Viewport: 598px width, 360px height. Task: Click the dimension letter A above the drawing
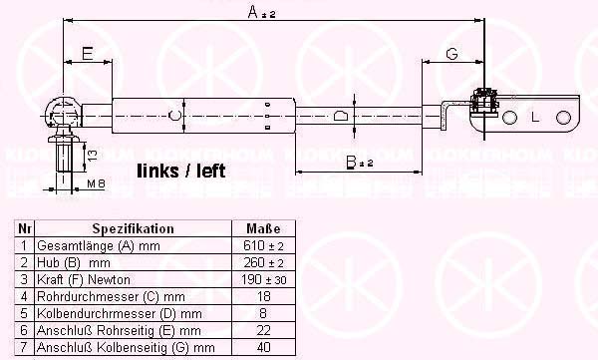point(253,12)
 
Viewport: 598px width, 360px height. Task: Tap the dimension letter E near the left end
point(88,54)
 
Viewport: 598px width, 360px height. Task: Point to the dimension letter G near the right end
point(451,54)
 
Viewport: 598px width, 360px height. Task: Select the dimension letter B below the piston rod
point(351,163)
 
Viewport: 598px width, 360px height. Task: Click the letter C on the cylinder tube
point(174,115)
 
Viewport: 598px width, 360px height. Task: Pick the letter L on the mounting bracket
point(535,118)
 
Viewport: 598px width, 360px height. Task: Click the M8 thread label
point(96,184)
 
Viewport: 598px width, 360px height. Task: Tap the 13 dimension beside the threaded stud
point(93,155)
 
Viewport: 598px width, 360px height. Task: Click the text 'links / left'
point(181,171)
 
